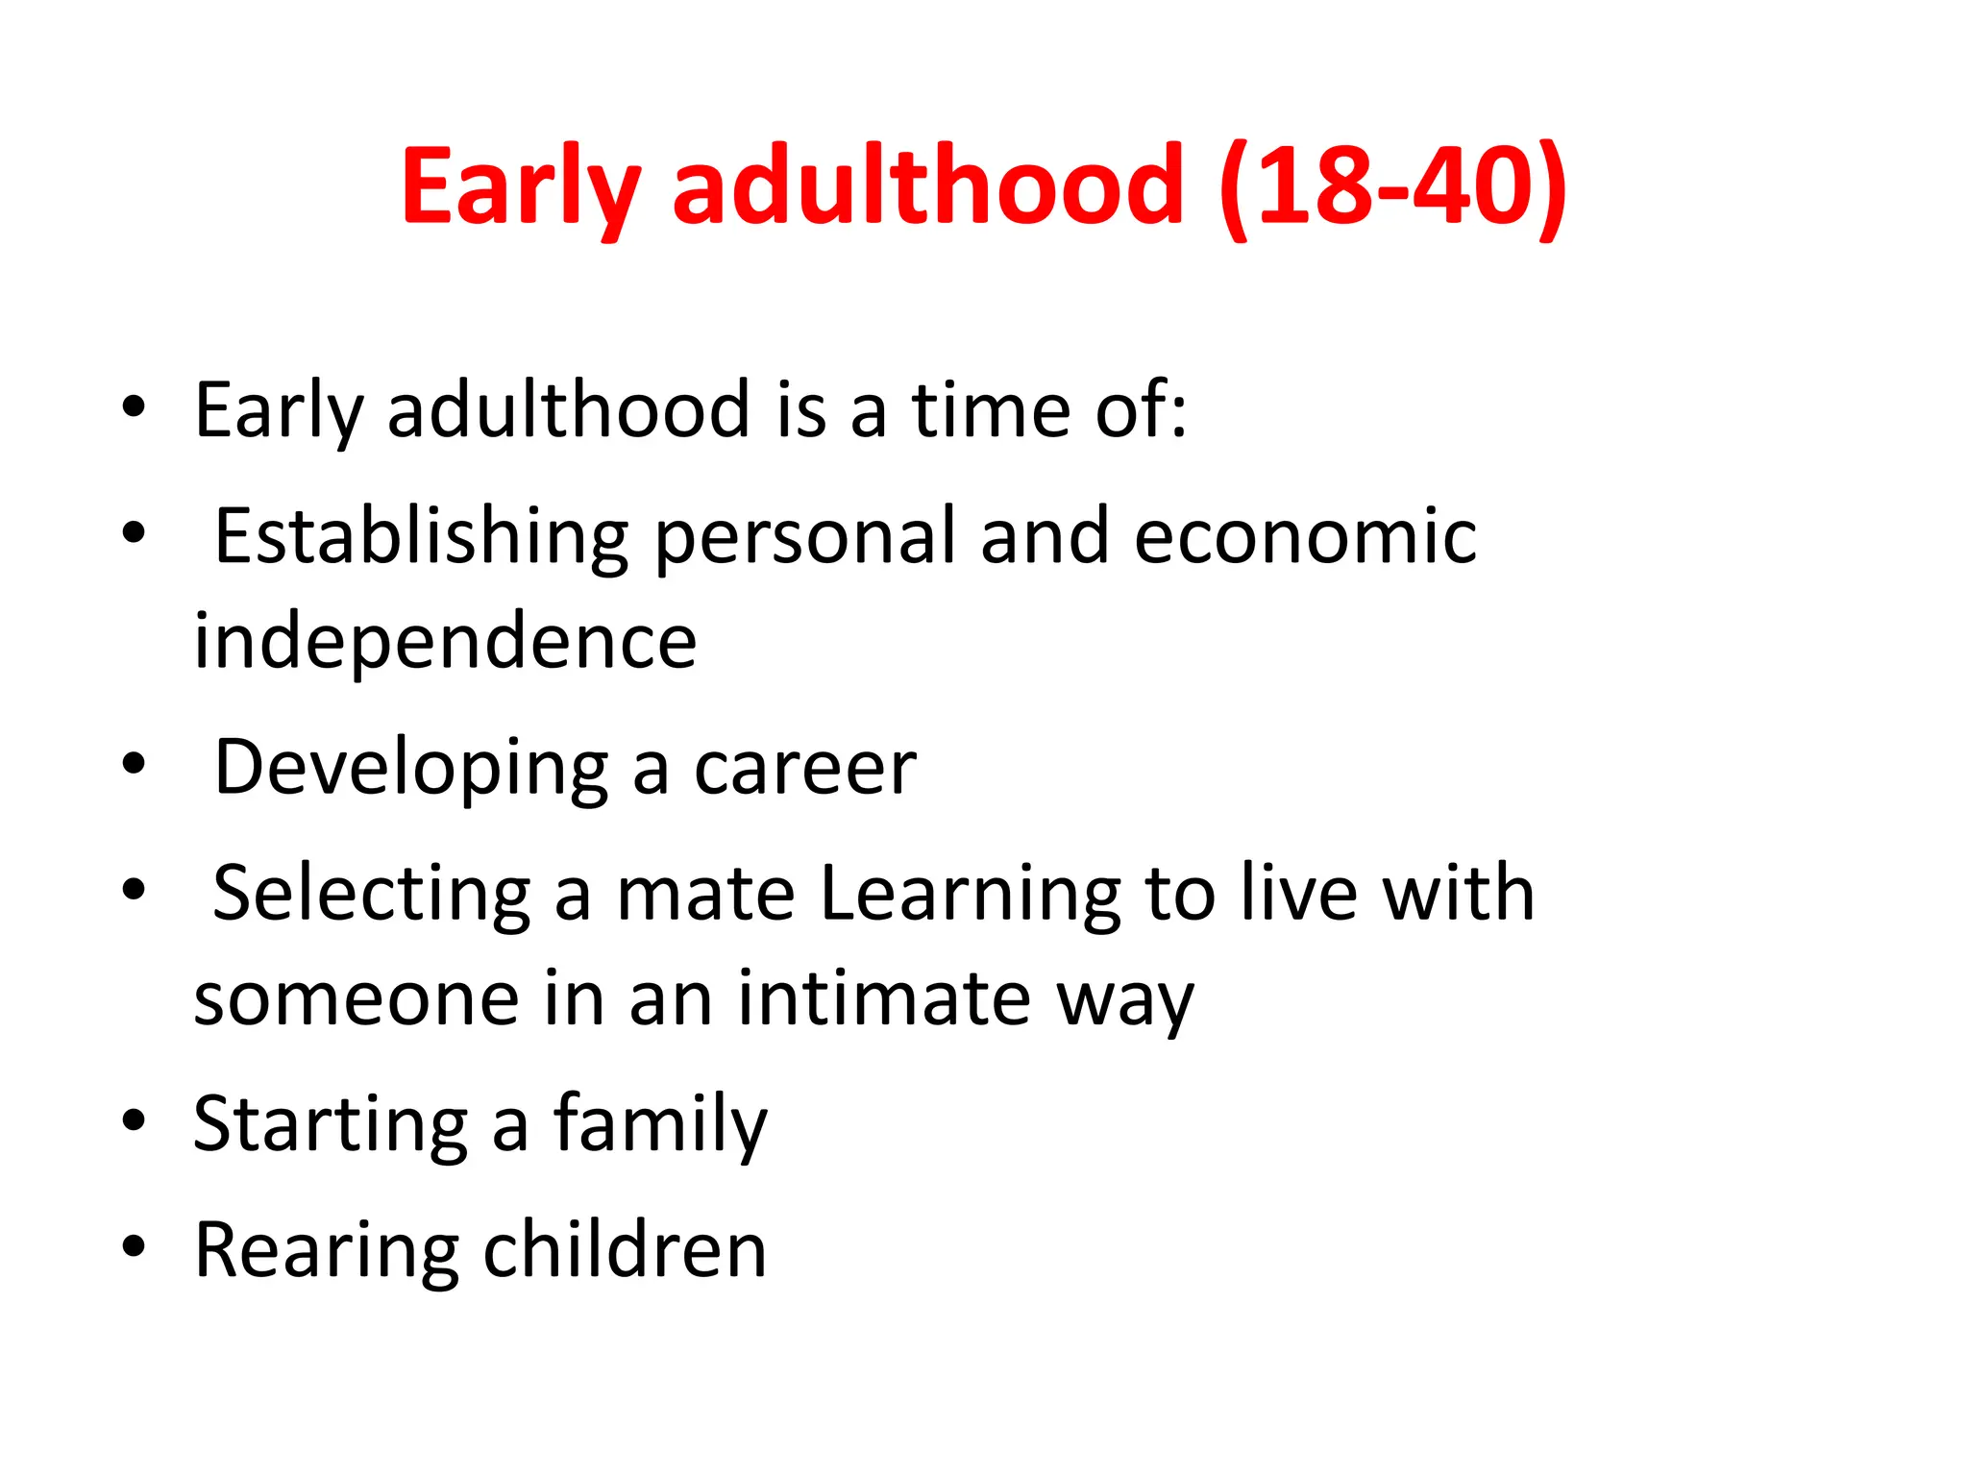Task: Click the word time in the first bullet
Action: coord(990,410)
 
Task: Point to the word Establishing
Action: coord(421,536)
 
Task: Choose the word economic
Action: coord(1304,536)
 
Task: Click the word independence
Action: coord(445,641)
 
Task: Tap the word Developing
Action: coord(411,768)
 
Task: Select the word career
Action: coord(804,768)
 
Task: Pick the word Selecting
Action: coord(371,894)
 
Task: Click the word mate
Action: coord(705,894)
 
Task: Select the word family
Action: coord(660,1124)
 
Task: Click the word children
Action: coord(625,1250)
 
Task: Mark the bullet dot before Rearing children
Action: coord(134,1246)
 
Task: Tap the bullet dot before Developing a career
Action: coord(134,764)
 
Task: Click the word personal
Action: coord(804,536)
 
